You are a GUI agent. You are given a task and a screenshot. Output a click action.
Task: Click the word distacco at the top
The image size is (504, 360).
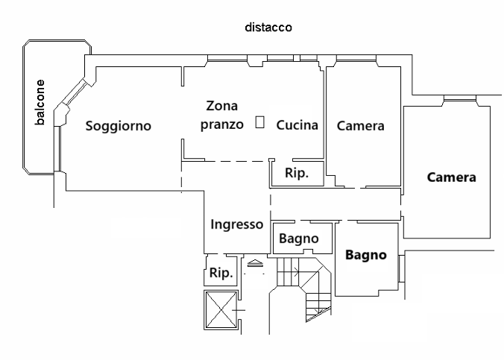click(268, 27)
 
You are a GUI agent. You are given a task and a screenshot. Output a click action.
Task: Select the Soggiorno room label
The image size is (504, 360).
click(118, 126)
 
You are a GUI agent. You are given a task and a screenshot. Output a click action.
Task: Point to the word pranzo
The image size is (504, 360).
click(221, 124)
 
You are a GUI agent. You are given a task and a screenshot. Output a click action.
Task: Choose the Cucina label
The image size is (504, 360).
click(297, 125)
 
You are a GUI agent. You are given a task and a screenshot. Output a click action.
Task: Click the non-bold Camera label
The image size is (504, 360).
click(360, 126)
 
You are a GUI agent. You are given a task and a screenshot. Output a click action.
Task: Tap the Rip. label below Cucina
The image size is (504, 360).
click(297, 174)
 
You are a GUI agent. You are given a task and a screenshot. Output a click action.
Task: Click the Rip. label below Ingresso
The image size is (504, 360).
click(221, 273)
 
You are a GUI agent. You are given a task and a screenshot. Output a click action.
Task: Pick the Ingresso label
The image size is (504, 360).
click(236, 224)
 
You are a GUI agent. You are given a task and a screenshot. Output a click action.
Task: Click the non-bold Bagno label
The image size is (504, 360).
click(299, 239)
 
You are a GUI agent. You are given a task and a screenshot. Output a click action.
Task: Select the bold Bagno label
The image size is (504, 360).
click(366, 255)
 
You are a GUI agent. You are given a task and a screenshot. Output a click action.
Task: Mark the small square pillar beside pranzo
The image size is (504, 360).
click(259, 122)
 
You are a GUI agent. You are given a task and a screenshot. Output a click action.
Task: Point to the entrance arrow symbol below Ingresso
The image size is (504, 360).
click(255, 262)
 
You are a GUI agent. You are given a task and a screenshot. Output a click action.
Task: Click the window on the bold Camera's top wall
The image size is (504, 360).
click(456, 99)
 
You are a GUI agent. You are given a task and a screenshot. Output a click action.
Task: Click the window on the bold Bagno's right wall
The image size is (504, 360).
click(400, 267)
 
